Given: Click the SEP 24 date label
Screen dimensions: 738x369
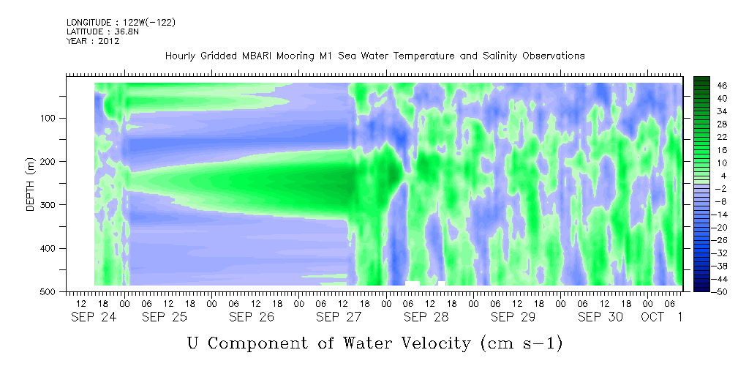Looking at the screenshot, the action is point(94,317).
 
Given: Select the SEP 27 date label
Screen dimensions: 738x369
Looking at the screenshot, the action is point(339,317).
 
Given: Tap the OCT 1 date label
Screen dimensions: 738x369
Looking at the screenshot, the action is point(661,317).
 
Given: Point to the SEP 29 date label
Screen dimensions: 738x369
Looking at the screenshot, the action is point(513,317).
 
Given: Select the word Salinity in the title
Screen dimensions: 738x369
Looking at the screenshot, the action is point(500,56).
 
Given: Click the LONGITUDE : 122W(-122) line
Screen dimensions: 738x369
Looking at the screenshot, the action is point(121,22).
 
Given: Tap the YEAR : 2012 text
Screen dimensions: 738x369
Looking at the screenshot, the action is point(93,41).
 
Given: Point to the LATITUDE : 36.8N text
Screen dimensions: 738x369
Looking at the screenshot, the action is point(103,31).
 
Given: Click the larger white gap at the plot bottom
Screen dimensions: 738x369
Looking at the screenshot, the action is point(413,283).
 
